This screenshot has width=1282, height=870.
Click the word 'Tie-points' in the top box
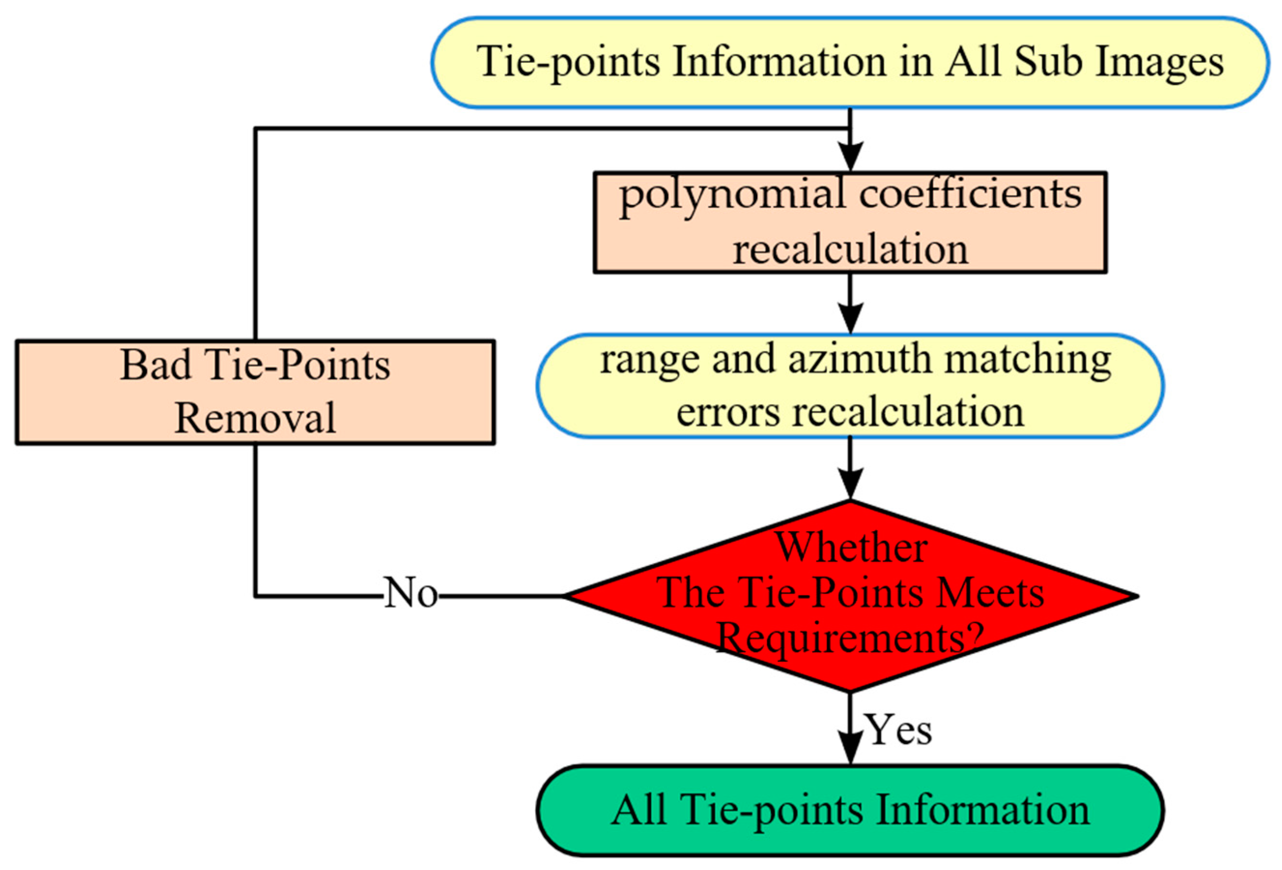(x=568, y=62)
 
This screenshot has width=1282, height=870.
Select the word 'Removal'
(x=255, y=418)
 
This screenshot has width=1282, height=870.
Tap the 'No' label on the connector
(x=410, y=594)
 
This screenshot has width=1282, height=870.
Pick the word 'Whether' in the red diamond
(x=851, y=548)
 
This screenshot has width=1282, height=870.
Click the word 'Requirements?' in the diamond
(x=849, y=638)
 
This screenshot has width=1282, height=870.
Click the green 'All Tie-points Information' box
(x=849, y=810)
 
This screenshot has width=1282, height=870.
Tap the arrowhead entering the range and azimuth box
(x=850, y=319)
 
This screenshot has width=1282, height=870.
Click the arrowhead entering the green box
(x=850, y=749)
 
